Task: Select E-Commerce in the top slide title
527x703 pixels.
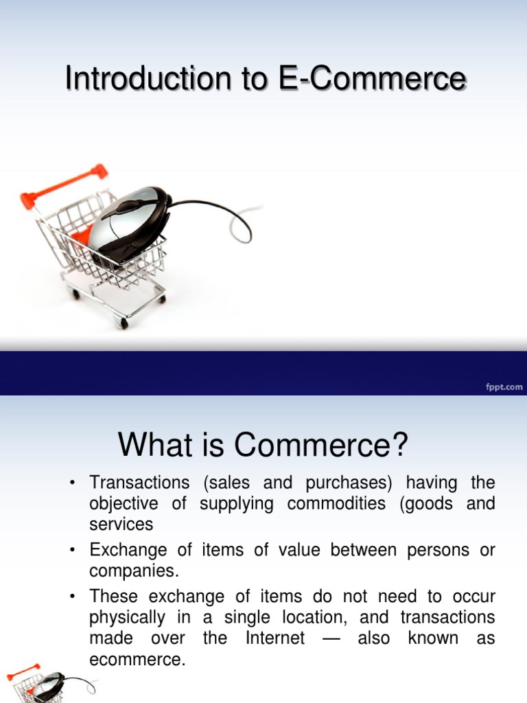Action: coord(372,79)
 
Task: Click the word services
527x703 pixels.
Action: coord(120,524)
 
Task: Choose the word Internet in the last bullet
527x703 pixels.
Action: coord(275,638)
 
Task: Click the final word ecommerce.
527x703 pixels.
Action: coord(137,658)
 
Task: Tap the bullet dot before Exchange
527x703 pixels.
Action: coord(71,550)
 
